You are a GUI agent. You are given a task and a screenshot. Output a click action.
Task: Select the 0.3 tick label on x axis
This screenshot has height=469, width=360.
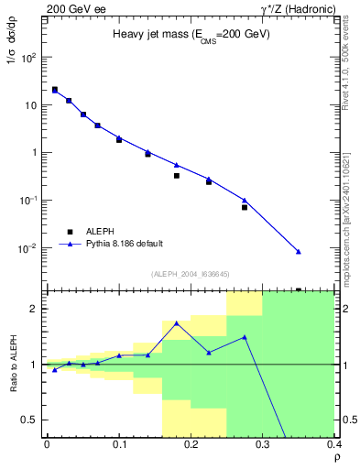[x=263, y=444]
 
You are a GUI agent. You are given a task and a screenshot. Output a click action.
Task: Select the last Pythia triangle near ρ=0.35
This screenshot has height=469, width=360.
[x=299, y=252]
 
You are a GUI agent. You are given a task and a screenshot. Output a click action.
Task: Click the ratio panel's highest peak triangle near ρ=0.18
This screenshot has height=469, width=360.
[x=177, y=323]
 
